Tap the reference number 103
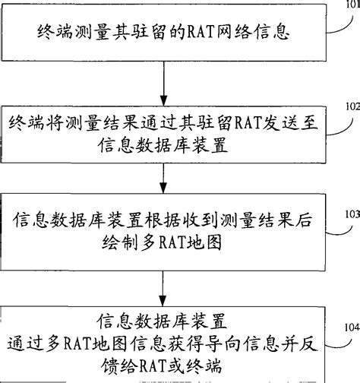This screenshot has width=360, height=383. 346,215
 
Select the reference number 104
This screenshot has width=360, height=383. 346,327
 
